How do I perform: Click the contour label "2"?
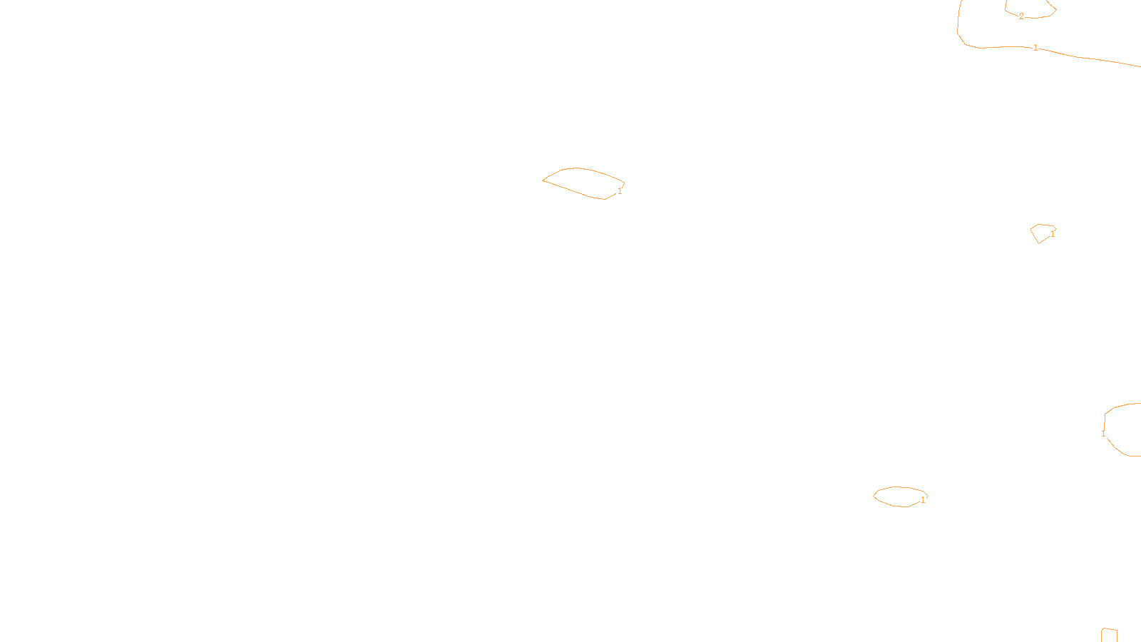pyautogui.click(x=1021, y=16)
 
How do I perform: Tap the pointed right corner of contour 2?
pyautogui.click(x=1056, y=10)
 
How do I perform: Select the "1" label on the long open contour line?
pyautogui.click(x=1035, y=48)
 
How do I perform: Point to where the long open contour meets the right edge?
pyautogui.click(x=1139, y=66)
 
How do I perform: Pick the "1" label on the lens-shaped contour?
pyautogui.click(x=620, y=191)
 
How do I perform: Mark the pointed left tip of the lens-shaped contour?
pyautogui.click(x=543, y=180)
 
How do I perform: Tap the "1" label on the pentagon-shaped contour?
pyautogui.click(x=1053, y=233)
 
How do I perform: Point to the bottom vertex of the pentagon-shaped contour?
pyautogui.click(x=1039, y=243)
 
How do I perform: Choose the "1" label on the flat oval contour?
pyautogui.click(x=923, y=500)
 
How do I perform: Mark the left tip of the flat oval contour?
pyautogui.click(x=874, y=496)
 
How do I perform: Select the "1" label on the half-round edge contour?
pyautogui.click(x=1103, y=433)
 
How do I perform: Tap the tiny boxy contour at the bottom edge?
pyautogui.click(x=1109, y=635)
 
